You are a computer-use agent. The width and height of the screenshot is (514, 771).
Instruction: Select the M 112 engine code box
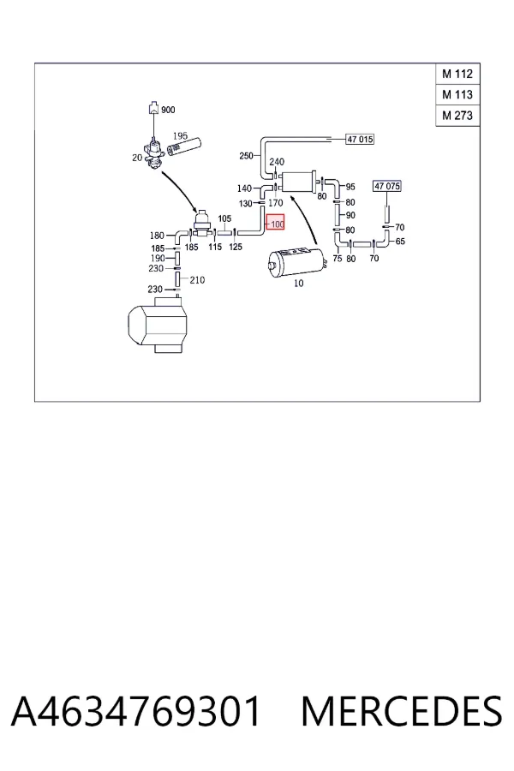tap(457, 75)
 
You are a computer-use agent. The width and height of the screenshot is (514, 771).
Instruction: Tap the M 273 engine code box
tap(457, 116)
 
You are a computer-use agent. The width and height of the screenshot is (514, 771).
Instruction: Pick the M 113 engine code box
tap(457, 95)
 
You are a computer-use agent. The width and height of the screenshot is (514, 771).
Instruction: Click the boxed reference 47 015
tap(360, 139)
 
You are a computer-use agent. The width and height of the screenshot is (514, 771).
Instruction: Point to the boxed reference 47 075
tap(387, 186)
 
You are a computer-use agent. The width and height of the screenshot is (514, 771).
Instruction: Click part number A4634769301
tap(135, 711)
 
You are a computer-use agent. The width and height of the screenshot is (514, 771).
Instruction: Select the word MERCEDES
tap(402, 711)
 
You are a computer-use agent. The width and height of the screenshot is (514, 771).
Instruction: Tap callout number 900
tap(168, 110)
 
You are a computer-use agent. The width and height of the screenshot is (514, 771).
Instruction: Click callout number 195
tap(180, 135)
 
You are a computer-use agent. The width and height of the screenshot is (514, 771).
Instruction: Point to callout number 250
tap(246, 156)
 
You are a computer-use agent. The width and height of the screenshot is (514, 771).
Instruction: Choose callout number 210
tap(197, 280)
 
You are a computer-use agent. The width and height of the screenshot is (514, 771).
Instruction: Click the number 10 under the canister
tap(299, 284)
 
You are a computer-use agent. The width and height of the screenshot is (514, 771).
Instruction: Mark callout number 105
tap(224, 218)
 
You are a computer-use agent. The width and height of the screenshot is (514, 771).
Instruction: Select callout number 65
tap(400, 242)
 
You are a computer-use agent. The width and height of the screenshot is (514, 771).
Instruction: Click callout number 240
tap(277, 161)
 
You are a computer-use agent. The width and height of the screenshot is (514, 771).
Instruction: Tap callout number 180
tap(157, 236)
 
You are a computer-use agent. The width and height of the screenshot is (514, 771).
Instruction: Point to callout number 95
tap(350, 187)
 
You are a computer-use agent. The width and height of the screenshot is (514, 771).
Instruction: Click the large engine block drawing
tap(158, 325)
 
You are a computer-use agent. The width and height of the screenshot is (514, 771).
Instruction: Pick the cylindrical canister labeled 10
tap(295, 263)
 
